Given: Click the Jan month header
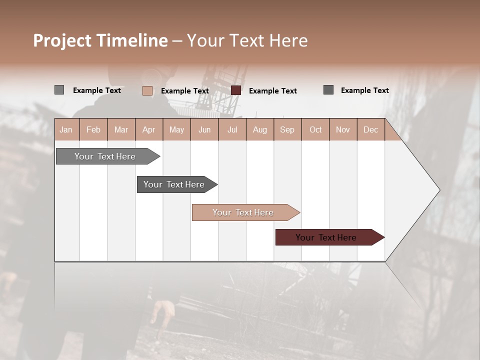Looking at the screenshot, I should (x=66, y=129).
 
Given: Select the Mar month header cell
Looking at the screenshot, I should (x=121, y=129).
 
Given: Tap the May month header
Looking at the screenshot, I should (x=176, y=129).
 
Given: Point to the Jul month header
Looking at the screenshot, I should (x=232, y=129).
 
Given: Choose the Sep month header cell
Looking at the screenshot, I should (x=287, y=129).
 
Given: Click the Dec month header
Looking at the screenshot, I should (x=370, y=129).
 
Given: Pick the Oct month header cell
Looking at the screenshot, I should (x=315, y=129).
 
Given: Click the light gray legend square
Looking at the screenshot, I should (x=59, y=90).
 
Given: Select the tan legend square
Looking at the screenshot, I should (x=147, y=90).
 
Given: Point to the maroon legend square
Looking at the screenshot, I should (x=236, y=90).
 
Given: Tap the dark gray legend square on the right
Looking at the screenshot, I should (x=328, y=90).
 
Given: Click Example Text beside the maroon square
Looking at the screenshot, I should (x=272, y=91).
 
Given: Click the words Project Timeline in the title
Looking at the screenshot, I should (x=100, y=40).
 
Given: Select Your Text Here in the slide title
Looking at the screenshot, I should (x=247, y=40).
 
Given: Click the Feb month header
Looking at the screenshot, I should (x=93, y=129).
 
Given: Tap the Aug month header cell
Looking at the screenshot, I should (x=259, y=129).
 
